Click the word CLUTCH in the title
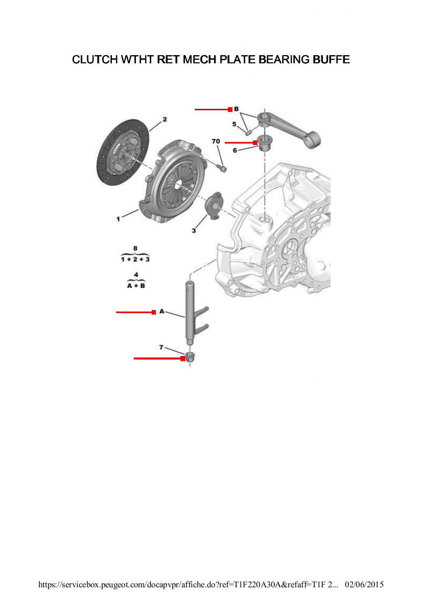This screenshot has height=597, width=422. pos(95,60)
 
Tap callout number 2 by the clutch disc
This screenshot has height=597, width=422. pos(165,120)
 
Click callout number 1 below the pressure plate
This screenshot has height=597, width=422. pos(118,219)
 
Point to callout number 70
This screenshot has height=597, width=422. pos(216,141)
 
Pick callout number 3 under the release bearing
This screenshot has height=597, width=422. pos(194,231)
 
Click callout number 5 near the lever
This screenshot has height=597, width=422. pos(234,124)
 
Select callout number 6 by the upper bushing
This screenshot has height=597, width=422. pos(235,150)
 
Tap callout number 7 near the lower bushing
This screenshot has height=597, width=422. pos(161,347)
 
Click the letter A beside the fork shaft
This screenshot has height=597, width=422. pos(161,311)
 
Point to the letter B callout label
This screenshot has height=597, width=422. pos(237,109)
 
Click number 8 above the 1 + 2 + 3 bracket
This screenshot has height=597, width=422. pos(135,248)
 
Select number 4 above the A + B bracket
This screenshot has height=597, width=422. pos(136,275)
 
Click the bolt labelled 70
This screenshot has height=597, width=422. pos(223,168)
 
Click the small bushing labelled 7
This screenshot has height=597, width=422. pos(190,356)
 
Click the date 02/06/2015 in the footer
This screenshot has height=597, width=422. pos(365,584)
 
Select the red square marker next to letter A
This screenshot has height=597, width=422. pos(154,312)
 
